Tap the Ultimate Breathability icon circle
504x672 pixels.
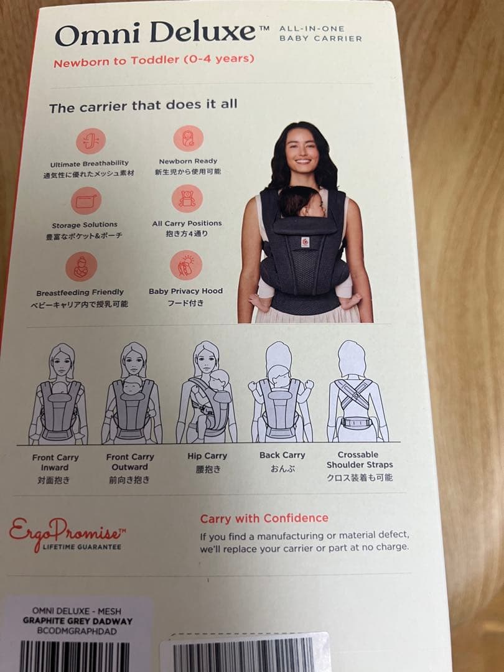[91, 141]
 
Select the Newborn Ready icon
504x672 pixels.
[188, 138]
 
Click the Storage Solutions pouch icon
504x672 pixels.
[86, 200]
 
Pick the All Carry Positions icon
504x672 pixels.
[187, 198]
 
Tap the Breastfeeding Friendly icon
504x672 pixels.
[82, 266]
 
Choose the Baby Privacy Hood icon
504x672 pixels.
[186, 265]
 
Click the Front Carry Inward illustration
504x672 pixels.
[58, 394]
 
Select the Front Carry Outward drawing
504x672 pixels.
[132, 393]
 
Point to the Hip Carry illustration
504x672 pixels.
[207, 392]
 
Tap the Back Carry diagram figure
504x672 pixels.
[281, 392]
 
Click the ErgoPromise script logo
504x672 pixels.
[67, 532]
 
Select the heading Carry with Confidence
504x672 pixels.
[264, 518]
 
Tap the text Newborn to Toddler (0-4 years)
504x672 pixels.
[154, 60]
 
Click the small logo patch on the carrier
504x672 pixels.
[305, 243]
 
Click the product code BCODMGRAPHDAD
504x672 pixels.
[77, 631]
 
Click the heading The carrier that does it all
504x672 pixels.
[143, 106]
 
